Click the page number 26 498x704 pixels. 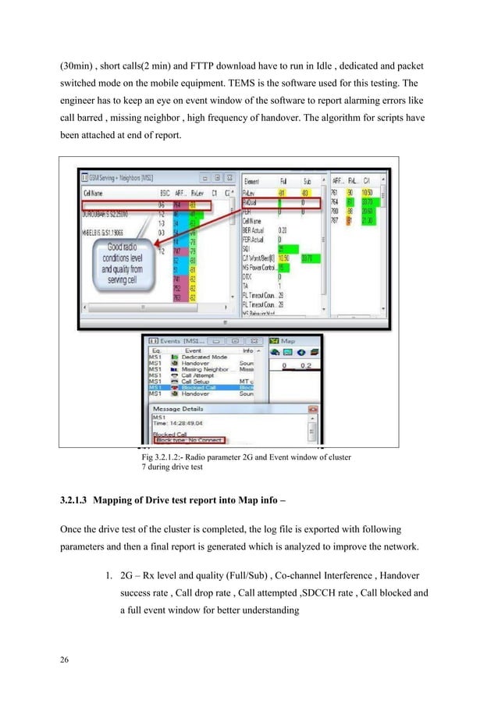click(x=64, y=662)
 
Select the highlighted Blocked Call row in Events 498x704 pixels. click(x=197, y=386)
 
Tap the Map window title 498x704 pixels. click(x=287, y=340)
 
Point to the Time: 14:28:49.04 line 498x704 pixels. click(x=177, y=425)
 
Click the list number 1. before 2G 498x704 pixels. click(x=108, y=577)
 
